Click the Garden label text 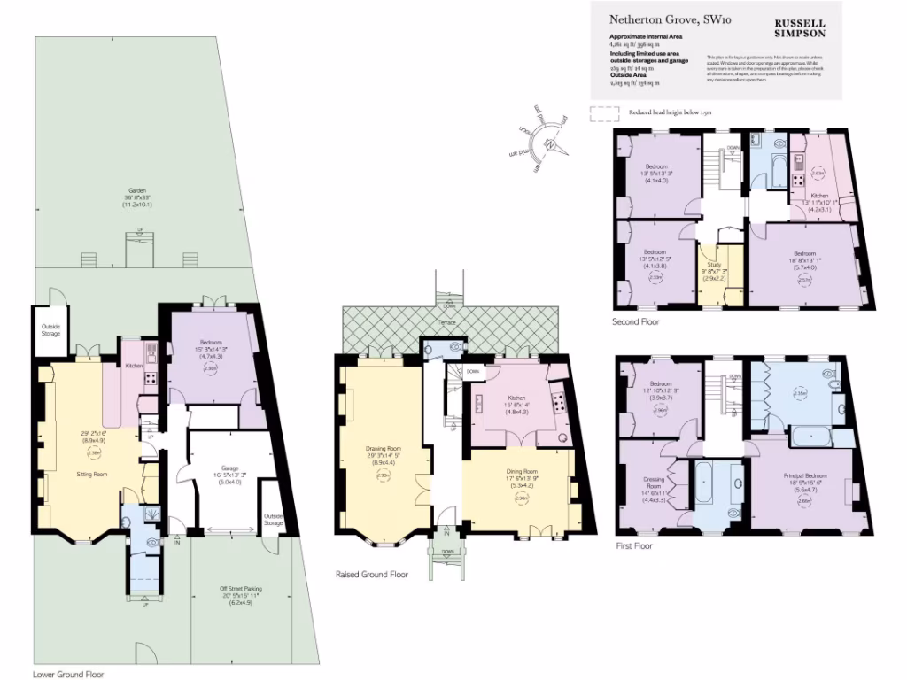pos(136,190)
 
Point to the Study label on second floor pos(714,263)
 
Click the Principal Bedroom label pos(804,475)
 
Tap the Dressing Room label pos(654,483)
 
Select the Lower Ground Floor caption pos(68,674)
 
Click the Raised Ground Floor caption pos(371,575)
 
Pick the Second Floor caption pos(636,322)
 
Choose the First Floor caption pos(634,546)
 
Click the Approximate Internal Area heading pos(645,35)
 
